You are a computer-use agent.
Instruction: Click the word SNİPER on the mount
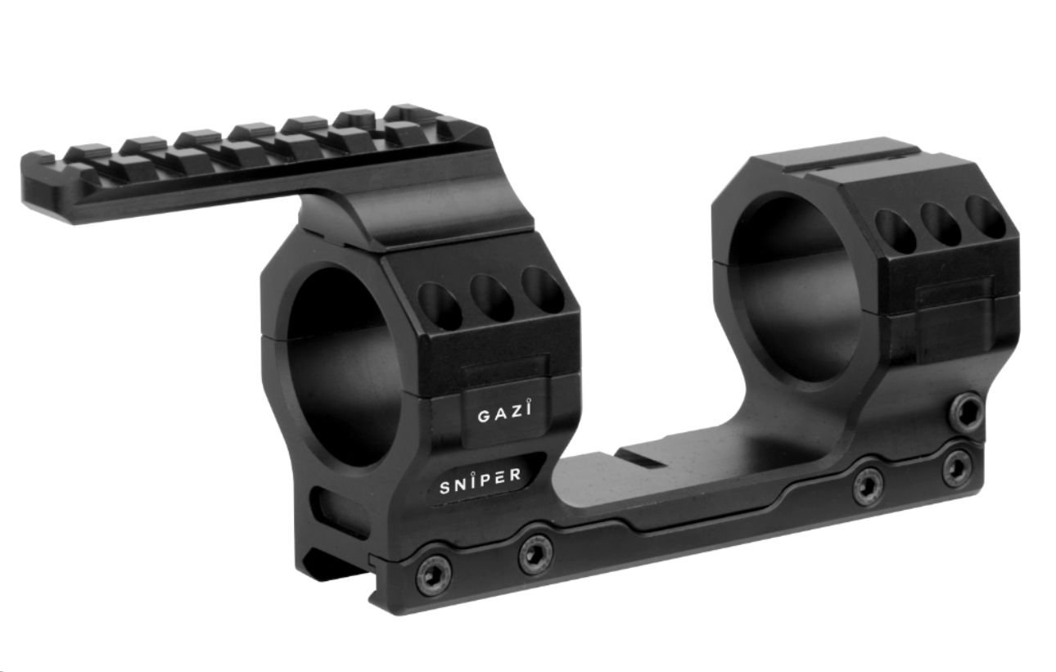(481, 483)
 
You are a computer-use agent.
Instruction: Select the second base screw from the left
(535, 554)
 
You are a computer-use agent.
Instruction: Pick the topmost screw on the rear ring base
(967, 411)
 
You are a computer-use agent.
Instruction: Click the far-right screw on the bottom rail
(957, 468)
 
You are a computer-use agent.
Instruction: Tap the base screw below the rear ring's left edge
(868, 487)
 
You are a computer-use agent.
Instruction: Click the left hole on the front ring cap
(440, 305)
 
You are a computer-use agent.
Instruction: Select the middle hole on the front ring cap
(491, 297)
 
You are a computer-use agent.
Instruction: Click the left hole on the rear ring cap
(895, 230)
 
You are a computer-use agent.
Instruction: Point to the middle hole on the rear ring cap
(940, 223)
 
